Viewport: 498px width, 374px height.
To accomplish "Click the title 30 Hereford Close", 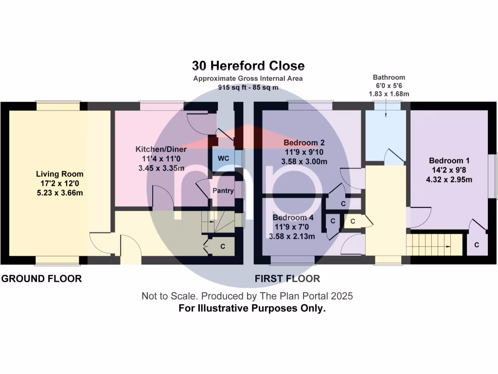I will tap(248, 66).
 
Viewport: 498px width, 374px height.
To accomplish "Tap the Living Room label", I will tap(60, 174).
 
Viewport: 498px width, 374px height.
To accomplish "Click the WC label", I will tap(223, 159).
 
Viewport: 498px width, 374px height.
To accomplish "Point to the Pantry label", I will tap(223, 190).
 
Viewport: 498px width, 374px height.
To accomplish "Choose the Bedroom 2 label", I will tap(304, 143).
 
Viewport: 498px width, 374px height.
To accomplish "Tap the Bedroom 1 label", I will tap(449, 161).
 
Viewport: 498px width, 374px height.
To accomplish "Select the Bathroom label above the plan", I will tap(389, 77).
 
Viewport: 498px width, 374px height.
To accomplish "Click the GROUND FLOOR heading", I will tap(41, 279).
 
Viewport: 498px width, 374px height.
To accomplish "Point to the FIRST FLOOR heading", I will tap(287, 279).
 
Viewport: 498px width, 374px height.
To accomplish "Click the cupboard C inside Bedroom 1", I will tap(476, 245).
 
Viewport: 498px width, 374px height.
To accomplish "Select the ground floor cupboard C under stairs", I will tap(223, 246).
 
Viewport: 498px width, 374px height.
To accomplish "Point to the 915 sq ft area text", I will tap(248, 87).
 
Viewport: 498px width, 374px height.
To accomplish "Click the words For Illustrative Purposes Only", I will tap(252, 308).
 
